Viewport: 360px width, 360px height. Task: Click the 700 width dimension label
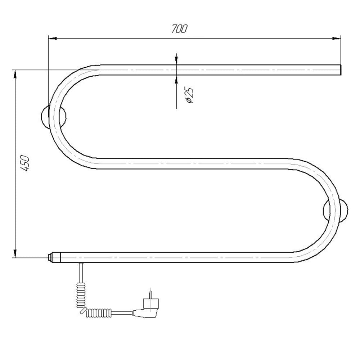[179, 29]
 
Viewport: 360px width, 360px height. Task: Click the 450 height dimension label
[24, 163]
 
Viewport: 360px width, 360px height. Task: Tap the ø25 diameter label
[190, 95]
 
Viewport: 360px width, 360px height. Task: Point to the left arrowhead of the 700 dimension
[53, 39]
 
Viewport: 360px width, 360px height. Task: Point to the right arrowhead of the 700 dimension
[336, 39]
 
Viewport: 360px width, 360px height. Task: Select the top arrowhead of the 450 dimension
[15, 74]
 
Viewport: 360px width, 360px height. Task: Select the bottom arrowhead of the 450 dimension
[15, 253]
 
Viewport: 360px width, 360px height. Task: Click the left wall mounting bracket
[53, 117]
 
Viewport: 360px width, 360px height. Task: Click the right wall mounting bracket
[336, 211]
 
